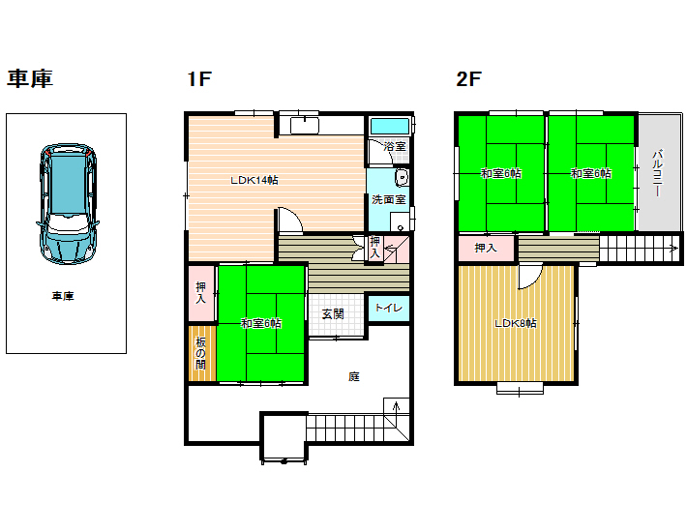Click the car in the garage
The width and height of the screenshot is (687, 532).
(68, 203)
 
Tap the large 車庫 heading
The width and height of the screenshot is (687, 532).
(30, 78)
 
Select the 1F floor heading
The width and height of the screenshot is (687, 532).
(199, 79)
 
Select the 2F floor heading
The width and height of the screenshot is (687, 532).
(468, 79)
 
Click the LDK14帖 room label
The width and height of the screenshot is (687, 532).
(254, 180)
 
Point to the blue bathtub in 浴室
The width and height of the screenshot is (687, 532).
(390, 126)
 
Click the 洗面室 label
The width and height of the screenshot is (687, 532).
(389, 199)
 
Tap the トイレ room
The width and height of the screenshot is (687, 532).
(389, 308)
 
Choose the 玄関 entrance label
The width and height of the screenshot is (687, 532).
(333, 314)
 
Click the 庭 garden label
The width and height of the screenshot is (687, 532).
(354, 376)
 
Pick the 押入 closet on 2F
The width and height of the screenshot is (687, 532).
(486, 249)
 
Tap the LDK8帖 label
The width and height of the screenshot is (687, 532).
(515, 324)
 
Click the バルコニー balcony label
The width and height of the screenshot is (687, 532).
(657, 173)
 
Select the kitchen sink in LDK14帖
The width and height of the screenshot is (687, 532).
(305, 125)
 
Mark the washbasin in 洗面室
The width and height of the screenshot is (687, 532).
(402, 178)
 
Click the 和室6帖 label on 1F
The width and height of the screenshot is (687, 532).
(261, 324)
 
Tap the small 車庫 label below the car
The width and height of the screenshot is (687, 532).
(63, 296)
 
